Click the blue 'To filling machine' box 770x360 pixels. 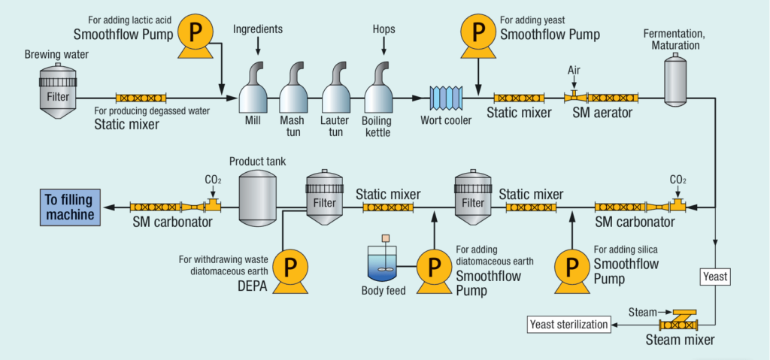[x=70, y=207]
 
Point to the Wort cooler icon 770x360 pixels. [x=444, y=98]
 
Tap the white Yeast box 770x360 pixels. [x=714, y=277]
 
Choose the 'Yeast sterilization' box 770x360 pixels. [x=566, y=325]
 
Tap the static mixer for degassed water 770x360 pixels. [x=141, y=98]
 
